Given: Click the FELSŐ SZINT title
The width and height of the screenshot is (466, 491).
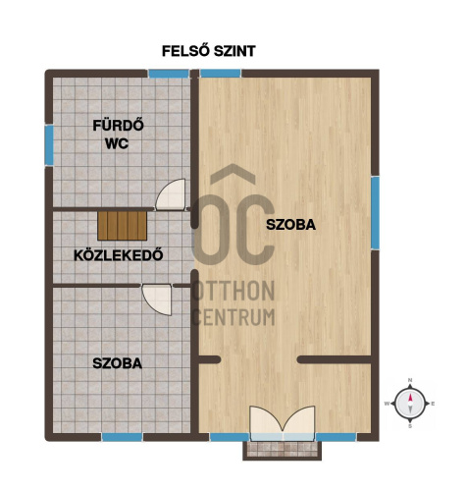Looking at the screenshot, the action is pyautogui.click(x=209, y=51).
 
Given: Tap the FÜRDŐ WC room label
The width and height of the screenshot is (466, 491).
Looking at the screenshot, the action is pyautogui.click(x=118, y=135).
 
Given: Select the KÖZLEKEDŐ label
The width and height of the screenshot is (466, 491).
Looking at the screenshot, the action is pyautogui.click(x=118, y=255).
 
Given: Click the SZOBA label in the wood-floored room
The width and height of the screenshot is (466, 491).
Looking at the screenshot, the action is pyautogui.click(x=290, y=225).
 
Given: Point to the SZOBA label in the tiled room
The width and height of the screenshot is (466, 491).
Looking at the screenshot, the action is pyautogui.click(x=117, y=363).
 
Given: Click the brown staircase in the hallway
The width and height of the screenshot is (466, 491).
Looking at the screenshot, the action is pyautogui.click(x=122, y=226).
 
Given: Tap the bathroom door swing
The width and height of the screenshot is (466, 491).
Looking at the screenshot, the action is pyautogui.click(x=171, y=194).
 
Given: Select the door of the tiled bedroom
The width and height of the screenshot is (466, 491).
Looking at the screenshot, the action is pyautogui.click(x=157, y=300).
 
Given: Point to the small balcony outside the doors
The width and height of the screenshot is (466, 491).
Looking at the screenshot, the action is pyautogui.click(x=283, y=450).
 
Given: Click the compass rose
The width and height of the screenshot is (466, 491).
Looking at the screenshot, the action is pyautogui.click(x=410, y=404).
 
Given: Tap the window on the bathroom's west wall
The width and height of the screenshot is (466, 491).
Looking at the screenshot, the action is pyautogui.click(x=49, y=145).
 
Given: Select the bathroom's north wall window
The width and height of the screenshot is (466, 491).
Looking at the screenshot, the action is pyautogui.click(x=169, y=74).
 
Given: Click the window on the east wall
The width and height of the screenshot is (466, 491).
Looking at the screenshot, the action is pyautogui.click(x=376, y=213).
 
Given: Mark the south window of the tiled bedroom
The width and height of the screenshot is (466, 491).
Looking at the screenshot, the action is pyautogui.click(x=122, y=437).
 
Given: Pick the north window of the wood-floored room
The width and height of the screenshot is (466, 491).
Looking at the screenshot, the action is pyautogui.click(x=221, y=74).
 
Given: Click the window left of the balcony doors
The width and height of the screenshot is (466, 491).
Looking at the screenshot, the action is pyautogui.click(x=230, y=437).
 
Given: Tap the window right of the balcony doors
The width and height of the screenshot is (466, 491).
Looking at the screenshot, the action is pyautogui.click(x=336, y=437).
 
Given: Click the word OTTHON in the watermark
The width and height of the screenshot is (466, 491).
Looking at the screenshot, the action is pyautogui.click(x=233, y=291).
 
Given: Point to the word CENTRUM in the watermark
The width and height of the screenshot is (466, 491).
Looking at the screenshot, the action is pyautogui.click(x=233, y=317).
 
